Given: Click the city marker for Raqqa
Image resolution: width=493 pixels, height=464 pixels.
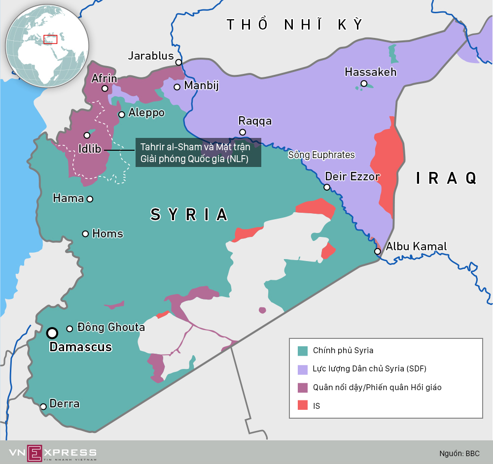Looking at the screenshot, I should [x=243, y=132].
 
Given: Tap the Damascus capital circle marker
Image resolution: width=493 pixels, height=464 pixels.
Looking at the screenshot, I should [x=52, y=333].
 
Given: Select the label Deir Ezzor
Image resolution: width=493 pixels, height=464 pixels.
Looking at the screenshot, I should [x=352, y=176].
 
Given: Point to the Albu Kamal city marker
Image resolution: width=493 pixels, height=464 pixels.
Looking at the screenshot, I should [x=377, y=251].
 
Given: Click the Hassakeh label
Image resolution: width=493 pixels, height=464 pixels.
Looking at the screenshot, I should [x=370, y=72].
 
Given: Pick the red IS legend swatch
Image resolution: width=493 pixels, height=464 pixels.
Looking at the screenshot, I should [x=303, y=406].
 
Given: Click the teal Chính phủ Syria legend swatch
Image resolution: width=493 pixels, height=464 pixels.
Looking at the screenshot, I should [x=303, y=351].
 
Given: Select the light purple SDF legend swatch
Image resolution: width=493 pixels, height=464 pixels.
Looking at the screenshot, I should [x=303, y=369].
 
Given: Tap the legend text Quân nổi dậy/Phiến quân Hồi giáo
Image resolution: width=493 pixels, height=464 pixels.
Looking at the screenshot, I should [x=377, y=387].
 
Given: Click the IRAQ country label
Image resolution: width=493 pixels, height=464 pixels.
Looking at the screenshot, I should [x=446, y=178].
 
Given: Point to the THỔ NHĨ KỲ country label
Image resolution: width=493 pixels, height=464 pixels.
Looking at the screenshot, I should [x=294, y=25].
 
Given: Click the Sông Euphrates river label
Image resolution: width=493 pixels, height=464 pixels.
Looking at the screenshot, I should [x=321, y=155].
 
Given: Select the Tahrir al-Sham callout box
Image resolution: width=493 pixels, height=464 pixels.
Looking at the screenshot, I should [x=198, y=153].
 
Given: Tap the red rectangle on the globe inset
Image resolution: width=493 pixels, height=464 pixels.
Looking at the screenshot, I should [x=50, y=39].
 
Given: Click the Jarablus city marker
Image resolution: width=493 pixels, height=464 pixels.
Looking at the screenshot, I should [x=178, y=62].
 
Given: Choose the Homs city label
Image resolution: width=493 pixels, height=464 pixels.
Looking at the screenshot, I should [x=107, y=233].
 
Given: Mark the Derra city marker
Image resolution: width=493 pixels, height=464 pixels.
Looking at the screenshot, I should [x=43, y=406].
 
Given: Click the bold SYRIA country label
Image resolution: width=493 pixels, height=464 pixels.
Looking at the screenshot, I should [x=189, y=215].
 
